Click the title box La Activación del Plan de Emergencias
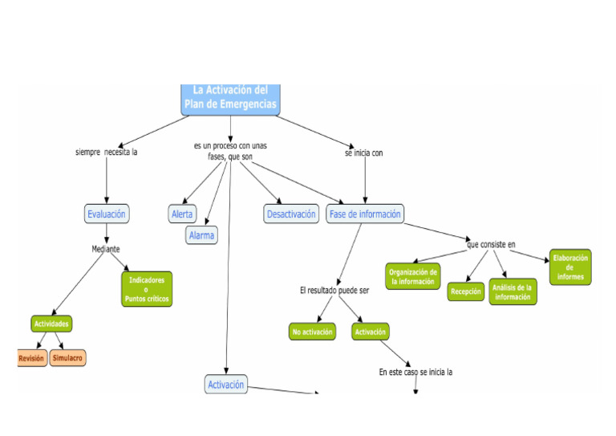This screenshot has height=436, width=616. click(230, 98)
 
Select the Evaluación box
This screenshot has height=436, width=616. click(107, 214)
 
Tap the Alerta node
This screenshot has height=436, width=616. click(183, 214)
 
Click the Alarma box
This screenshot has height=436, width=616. click(201, 235)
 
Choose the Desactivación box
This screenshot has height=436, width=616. click(291, 214)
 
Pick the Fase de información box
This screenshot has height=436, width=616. click(365, 214)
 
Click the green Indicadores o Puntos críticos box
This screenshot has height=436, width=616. click(147, 289)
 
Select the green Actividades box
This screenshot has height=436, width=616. click(51, 324)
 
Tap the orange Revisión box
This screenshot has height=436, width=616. click(31, 358)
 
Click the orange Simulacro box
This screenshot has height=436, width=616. click(67, 358)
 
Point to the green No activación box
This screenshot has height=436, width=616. click(312, 332)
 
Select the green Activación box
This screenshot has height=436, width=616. click(370, 332)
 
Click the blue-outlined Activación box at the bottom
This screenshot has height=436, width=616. click(226, 385)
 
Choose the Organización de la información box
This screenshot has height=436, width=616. click(413, 276)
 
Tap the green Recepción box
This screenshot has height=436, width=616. click(465, 291)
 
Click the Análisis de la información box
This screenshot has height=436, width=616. click(513, 292)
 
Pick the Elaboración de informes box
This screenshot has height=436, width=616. click(570, 267)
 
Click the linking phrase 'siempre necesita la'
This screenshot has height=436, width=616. click(107, 152)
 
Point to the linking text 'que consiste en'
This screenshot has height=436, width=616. click(491, 243)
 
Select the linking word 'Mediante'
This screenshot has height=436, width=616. click(106, 249)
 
